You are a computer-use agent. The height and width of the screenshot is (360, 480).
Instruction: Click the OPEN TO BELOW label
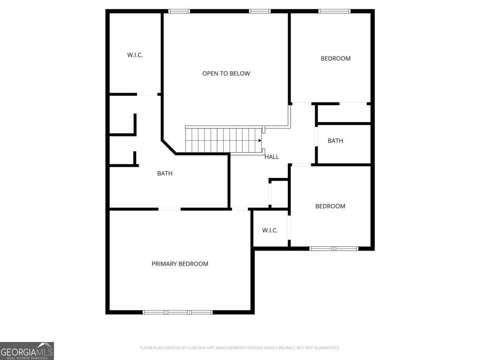[226, 74]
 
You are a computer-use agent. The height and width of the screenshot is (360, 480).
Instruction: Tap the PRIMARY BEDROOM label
[180, 264]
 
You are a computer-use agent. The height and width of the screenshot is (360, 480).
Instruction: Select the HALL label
[272, 157]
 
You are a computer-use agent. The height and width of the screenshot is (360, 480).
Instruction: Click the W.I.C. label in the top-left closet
[135, 55]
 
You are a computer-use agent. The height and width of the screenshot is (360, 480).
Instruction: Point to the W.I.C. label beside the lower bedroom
[270, 230]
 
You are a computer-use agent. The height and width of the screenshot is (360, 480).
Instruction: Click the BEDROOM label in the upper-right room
[336, 58]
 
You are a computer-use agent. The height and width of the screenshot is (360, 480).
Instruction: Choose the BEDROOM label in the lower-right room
[330, 206]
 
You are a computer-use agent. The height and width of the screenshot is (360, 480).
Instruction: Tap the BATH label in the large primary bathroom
[165, 174]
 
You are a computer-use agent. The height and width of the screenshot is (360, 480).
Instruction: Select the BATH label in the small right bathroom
[335, 141]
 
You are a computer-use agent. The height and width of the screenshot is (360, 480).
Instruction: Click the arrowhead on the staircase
[260, 140]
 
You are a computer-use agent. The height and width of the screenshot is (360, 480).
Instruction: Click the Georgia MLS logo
[27, 351]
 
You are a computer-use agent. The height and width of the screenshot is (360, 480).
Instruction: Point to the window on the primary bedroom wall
[178, 312]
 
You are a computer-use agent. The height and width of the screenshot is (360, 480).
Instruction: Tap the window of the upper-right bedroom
[334, 11]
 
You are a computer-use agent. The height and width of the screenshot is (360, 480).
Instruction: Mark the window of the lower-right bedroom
[334, 248]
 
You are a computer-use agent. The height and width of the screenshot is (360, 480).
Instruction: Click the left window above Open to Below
[179, 11]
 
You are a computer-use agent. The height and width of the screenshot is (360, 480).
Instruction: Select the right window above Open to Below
[260, 11]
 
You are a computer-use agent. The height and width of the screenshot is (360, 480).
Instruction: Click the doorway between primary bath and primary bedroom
[169, 209]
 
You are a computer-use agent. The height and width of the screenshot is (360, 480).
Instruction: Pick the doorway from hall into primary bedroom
[240, 209]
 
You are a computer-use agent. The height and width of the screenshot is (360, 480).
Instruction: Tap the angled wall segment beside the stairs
[168, 146]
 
